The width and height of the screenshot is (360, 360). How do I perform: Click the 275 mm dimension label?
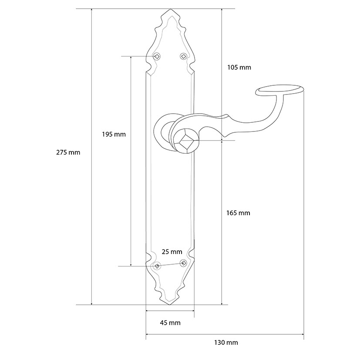click(68, 152)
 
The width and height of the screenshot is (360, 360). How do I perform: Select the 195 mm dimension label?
click(114, 134)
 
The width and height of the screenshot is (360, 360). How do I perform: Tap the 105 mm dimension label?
click(239, 67)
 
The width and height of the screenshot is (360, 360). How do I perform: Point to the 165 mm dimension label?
click(238, 213)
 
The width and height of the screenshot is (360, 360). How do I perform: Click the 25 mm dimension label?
click(172, 252)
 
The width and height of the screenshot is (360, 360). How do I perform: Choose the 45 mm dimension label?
click(170, 323)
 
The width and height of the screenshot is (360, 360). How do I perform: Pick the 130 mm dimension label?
click(226, 343)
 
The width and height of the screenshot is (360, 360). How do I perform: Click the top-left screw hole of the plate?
click(157, 56)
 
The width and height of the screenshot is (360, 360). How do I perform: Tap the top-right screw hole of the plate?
click(183, 56)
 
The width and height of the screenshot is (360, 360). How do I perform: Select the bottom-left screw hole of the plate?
click(157, 266)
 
